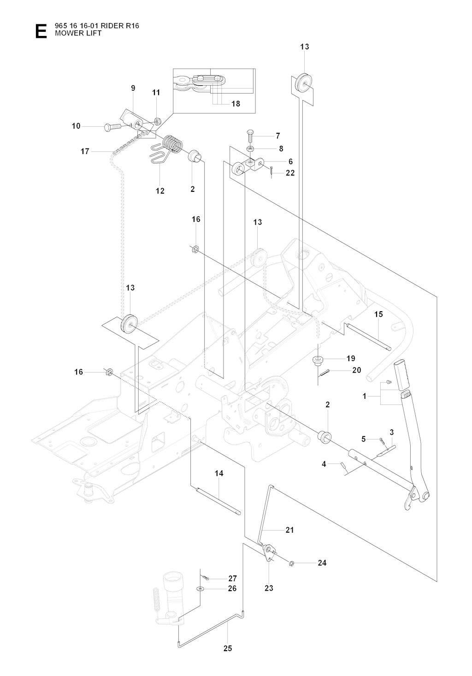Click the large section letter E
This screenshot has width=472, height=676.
pyautogui.click(x=41, y=31)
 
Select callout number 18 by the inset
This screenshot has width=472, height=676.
pyautogui.click(x=236, y=104)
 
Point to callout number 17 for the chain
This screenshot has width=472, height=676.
pyautogui.click(x=85, y=151)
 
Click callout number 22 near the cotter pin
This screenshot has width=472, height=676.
pyautogui.click(x=290, y=173)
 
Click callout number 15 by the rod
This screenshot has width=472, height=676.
pyautogui.click(x=378, y=314)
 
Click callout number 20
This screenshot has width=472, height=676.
pyautogui.click(x=356, y=370)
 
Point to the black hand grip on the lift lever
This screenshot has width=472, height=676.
pyautogui.click(x=402, y=373)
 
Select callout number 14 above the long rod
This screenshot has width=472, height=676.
pyautogui.click(x=219, y=473)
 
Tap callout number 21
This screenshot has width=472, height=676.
pyautogui.click(x=289, y=530)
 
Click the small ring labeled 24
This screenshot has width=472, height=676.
pyautogui.click(x=292, y=563)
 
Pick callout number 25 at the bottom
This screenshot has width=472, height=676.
pyautogui.click(x=227, y=648)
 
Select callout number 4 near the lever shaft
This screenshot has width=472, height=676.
pyautogui.click(x=324, y=464)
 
